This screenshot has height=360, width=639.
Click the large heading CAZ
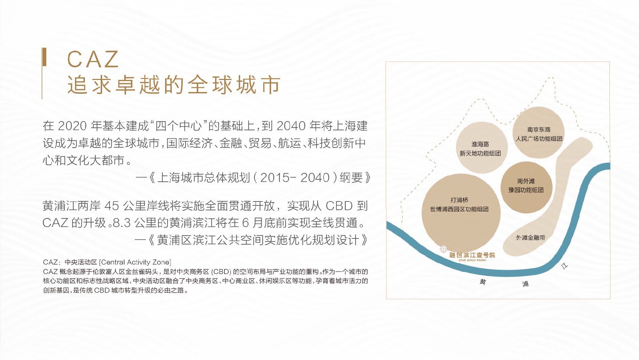tap(93, 59)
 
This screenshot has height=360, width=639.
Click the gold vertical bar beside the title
tap(44, 57)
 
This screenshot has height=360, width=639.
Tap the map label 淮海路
tap(480, 144)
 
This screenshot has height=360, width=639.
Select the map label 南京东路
tap(539, 130)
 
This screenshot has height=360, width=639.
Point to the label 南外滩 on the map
tap(526, 181)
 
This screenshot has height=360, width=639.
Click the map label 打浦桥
tap(459, 200)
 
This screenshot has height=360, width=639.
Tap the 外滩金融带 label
tap(531, 238)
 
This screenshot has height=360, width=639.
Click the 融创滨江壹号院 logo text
tap(472, 255)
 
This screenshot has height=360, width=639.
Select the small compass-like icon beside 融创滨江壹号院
tap(443, 249)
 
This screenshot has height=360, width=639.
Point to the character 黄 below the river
tap(483, 281)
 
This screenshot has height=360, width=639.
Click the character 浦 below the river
tap(525, 284)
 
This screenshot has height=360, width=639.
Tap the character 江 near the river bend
tap(564, 266)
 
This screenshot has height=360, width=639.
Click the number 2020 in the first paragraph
tap(72, 126)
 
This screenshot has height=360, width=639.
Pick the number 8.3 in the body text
tap(121, 223)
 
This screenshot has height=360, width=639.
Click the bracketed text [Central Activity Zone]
tap(135, 262)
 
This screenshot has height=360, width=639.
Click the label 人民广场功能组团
tap(539, 139)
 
